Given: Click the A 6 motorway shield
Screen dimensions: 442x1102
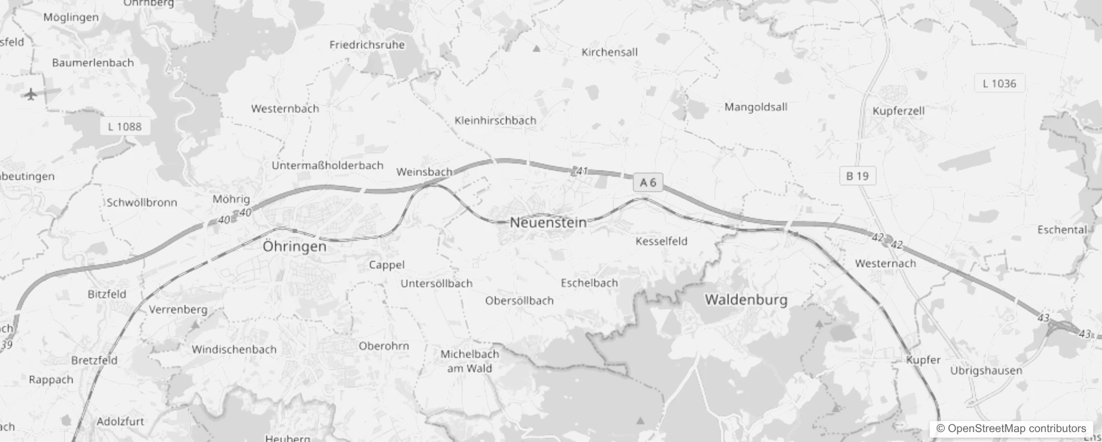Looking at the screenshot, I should [648, 182].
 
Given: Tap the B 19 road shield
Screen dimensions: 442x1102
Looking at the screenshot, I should [857, 176].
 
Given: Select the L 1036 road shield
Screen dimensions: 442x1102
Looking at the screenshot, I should [999, 83].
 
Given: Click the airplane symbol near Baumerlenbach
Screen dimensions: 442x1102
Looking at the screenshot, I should [31, 94].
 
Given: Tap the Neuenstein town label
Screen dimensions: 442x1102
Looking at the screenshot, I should [548, 223].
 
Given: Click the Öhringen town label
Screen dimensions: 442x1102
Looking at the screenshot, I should [294, 246].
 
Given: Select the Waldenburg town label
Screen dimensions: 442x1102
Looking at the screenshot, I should [746, 300].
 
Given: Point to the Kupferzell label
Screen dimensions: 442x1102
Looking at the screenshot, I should [898, 110].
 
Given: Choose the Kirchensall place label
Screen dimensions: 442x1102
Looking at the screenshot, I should [609, 52].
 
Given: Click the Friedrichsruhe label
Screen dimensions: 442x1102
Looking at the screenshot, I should [367, 45].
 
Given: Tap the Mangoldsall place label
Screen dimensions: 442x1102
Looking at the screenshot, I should [755, 107].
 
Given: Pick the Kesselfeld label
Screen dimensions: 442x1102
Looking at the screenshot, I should [661, 241].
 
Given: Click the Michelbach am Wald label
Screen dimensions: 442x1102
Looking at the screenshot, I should [469, 361].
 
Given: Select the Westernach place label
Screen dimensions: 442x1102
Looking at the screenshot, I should [885, 264].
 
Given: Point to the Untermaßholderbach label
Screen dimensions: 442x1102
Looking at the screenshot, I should [327, 165].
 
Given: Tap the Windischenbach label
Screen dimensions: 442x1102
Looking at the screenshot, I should [234, 349].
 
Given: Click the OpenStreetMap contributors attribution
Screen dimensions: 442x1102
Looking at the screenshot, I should [1011, 429].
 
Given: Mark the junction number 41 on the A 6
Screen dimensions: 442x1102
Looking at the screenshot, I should [581, 171].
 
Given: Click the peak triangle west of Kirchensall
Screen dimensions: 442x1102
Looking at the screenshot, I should [536, 49].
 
